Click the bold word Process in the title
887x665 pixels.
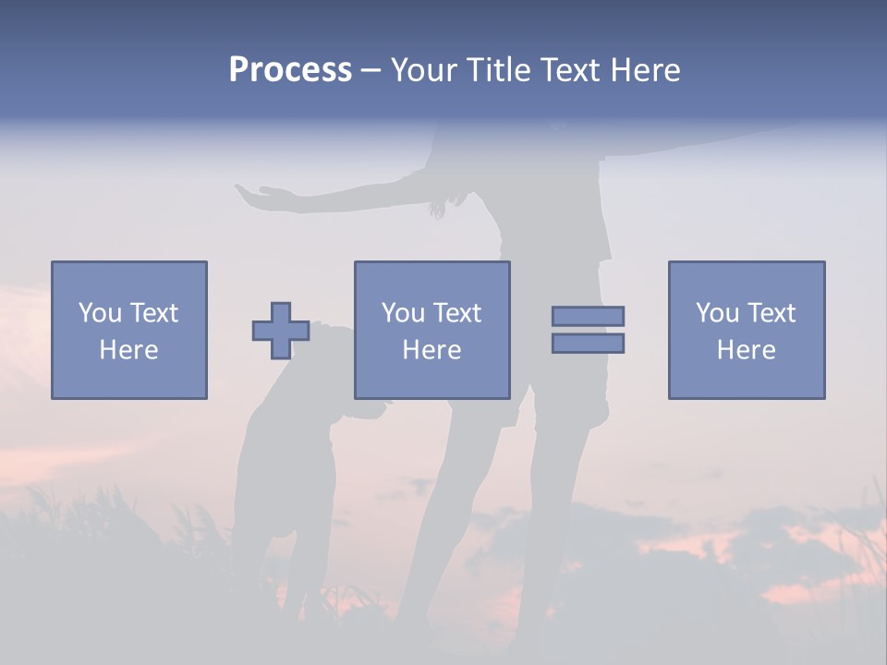pyautogui.click(x=290, y=70)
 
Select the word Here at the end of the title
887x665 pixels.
pyautogui.click(x=644, y=70)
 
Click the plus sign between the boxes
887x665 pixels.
pyautogui.click(x=281, y=331)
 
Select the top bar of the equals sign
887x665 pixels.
pyautogui.click(x=588, y=316)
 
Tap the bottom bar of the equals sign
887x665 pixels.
pyautogui.click(x=588, y=343)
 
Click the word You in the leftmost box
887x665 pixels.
pyautogui.click(x=99, y=313)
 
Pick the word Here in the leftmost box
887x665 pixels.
pyautogui.click(x=128, y=350)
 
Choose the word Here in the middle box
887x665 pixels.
pyautogui.click(x=431, y=350)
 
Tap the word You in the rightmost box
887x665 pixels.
pyautogui.click(x=717, y=313)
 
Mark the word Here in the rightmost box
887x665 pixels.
pyautogui.click(x=746, y=350)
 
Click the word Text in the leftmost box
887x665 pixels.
pyautogui.click(x=153, y=313)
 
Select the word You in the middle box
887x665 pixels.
pyautogui.click(x=403, y=313)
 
